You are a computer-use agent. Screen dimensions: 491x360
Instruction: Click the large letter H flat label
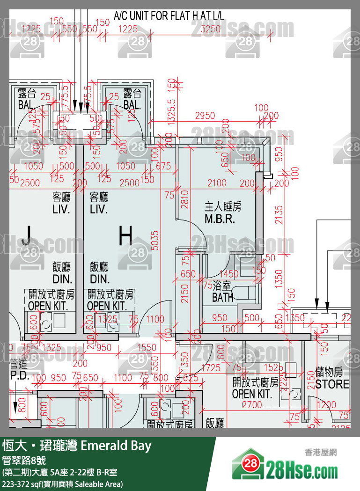pyautogui.click(x=125, y=236)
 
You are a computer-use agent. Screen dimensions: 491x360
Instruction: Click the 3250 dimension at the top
pyautogui.click(x=210, y=29)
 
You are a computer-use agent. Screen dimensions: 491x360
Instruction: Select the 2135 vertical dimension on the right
pyautogui.click(x=279, y=215)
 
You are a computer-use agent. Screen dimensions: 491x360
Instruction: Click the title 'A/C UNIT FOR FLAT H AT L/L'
pyautogui.click(x=169, y=16)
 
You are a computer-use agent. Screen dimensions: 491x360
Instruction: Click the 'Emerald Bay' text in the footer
pyautogui.click(x=116, y=446)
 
